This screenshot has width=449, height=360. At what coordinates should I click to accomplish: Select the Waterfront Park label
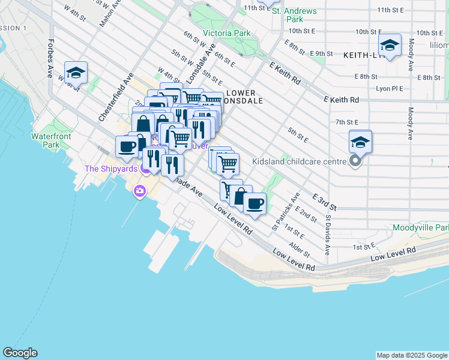[x=52, y=140]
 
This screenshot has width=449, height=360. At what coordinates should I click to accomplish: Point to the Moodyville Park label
[x=420, y=228]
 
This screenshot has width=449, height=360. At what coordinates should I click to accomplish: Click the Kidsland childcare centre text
[x=299, y=161]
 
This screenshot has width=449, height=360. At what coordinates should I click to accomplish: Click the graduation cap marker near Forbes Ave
[x=76, y=73]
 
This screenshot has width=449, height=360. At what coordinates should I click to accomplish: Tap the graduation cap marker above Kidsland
[x=360, y=142]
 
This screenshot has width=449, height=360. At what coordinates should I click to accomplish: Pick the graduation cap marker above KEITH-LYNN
[x=390, y=46]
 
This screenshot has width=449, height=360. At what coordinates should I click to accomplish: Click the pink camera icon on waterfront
[x=139, y=191]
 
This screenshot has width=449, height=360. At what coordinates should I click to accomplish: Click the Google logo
[x=20, y=353]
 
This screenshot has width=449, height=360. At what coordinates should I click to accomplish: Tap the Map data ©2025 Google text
[x=411, y=355]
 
